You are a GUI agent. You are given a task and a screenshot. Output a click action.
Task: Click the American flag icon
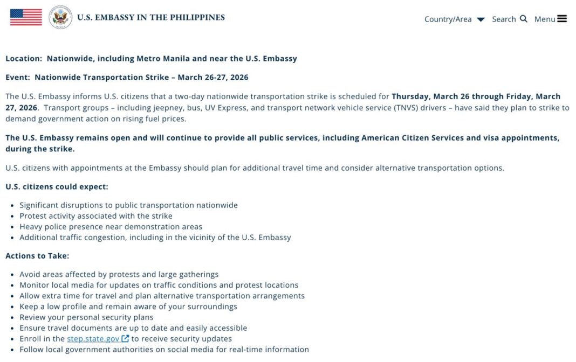pyautogui.click(x=26, y=17)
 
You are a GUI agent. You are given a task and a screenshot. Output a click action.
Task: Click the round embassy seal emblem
pyautogui.click(x=60, y=17)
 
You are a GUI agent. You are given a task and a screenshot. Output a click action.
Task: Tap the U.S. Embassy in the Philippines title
pyautogui.click(x=150, y=17)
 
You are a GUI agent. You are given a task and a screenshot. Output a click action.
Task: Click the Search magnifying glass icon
pyautogui.click(x=523, y=19)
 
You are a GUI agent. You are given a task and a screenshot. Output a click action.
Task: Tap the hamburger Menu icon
pyautogui.click(x=562, y=19)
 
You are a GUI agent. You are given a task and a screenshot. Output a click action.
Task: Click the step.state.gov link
pyautogui.click(x=93, y=339)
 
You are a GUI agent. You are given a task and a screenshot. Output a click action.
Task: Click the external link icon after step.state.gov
pyautogui.click(x=125, y=339)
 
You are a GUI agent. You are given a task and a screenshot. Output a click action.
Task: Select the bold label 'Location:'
pyautogui.click(x=24, y=58)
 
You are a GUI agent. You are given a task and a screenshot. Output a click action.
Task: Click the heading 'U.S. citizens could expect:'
pyautogui.click(x=57, y=186)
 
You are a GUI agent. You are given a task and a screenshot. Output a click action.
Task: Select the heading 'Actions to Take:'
pyautogui.click(x=37, y=256)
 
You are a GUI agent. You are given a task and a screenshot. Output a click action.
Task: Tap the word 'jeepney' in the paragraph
pyautogui.click(x=169, y=108)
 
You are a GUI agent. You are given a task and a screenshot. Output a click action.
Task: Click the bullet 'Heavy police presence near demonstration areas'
pyautogui.click(x=111, y=226)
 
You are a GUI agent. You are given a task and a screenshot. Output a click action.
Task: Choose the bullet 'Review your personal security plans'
pyautogui.click(x=86, y=317)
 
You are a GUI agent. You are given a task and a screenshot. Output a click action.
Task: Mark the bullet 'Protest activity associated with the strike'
pyautogui.click(x=96, y=215)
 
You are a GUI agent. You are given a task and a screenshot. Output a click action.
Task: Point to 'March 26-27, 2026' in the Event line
pyautogui.click(x=213, y=77)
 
